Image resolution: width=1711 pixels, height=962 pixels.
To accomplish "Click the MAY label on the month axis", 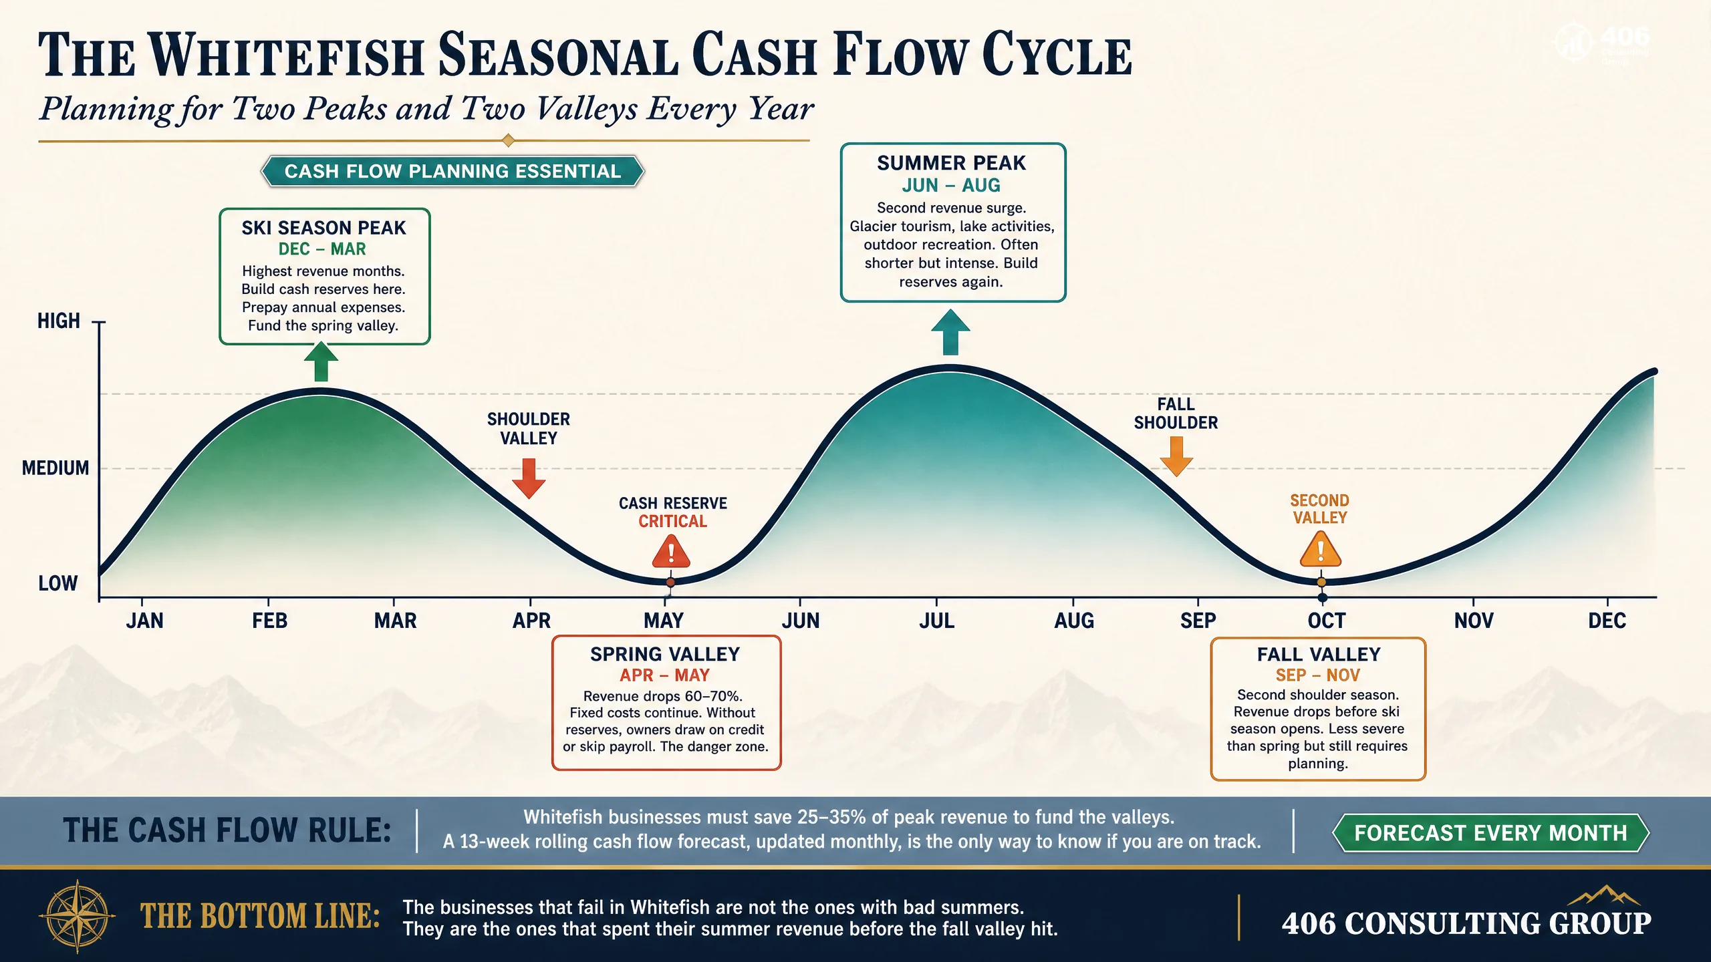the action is [663, 621].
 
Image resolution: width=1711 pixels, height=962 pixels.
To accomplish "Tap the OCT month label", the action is [1326, 621].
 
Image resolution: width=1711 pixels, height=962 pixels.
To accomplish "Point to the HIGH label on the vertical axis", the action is [59, 321].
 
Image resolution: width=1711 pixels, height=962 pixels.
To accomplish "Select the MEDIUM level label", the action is [55, 468].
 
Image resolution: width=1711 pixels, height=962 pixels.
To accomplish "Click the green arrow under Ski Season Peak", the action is [321, 361].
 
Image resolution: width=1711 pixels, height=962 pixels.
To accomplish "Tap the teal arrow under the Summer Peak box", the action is [950, 332].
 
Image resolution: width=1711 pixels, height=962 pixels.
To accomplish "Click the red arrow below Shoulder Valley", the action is [529, 478].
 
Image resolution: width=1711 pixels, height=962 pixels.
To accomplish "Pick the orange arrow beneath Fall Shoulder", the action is [1176, 456].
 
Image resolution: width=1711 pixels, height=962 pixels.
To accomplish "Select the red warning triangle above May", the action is [671, 552].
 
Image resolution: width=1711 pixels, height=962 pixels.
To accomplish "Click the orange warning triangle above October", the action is [1320, 549].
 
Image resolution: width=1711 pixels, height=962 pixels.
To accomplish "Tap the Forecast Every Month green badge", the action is [1490, 833].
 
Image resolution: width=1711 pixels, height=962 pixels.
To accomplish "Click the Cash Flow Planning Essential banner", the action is [452, 171].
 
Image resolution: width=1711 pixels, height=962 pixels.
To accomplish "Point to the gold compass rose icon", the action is [78, 917].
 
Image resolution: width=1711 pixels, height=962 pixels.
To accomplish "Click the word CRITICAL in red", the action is [672, 521].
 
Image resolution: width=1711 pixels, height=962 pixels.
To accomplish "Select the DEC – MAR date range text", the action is [322, 249].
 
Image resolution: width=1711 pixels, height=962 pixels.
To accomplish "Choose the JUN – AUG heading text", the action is [951, 185].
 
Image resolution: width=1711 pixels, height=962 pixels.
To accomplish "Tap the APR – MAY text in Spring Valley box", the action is [664, 675].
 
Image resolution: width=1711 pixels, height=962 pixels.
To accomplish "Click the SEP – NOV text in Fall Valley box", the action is [1318, 675].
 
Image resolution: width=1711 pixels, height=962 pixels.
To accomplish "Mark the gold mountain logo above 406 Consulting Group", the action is [1603, 896].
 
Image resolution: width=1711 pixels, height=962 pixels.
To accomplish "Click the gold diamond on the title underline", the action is [508, 140].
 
